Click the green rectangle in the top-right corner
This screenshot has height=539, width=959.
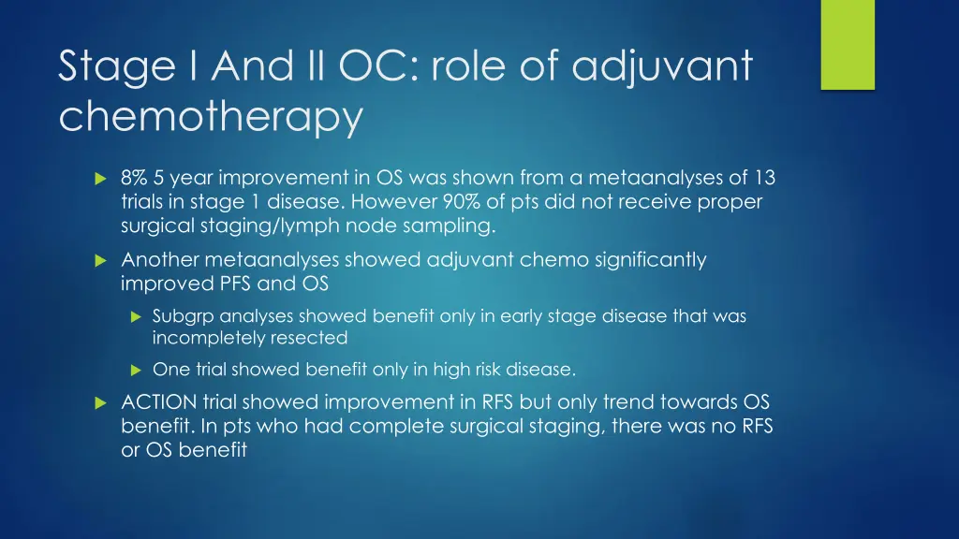tap(847, 44)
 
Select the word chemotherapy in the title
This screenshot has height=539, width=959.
tap(210, 118)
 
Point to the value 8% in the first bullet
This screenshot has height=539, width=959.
tap(137, 178)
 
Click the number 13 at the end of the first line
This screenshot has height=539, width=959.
tap(764, 178)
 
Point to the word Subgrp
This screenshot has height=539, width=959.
tap(184, 316)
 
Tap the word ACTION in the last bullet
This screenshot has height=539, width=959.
tap(158, 402)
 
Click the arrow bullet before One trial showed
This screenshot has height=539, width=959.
tap(134, 370)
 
